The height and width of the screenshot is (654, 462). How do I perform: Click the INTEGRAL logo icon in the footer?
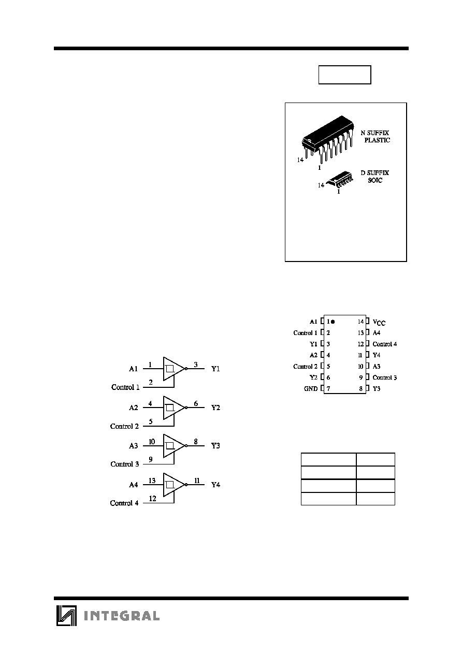[x=66, y=616]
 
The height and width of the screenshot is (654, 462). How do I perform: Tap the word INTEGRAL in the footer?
[x=122, y=616]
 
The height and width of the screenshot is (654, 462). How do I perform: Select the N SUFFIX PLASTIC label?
[x=376, y=137]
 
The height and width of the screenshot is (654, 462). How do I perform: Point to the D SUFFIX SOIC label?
[x=375, y=177]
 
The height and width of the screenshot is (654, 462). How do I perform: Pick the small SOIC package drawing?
[x=340, y=179]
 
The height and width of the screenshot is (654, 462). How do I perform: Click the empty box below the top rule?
[x=344, y=75]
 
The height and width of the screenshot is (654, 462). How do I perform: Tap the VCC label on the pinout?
[x=379, y=322]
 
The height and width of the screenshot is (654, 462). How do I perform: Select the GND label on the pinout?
[x=311, y=388]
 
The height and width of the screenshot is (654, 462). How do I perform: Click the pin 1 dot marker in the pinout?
[x=333, y=322]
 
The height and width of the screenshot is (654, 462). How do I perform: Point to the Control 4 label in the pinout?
[x=385, y=344]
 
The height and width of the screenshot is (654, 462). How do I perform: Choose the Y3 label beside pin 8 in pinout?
[x=377, y=388]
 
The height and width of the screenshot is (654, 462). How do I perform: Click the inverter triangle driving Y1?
[x=174, y=369]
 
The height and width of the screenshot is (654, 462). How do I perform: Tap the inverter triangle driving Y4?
[x=174, y=485]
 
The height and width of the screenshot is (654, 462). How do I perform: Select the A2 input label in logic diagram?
[x=134, y=408]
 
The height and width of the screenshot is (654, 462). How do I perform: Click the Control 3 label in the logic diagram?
[x=125, y=464]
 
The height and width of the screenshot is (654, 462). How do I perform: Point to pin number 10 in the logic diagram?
[x=152, y=442]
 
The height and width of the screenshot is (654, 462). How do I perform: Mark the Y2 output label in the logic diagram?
[x=215, y=408]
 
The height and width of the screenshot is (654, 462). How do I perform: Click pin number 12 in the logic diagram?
[x=152, y=499]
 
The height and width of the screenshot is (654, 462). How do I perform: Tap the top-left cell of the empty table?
[x=328, y=459]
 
